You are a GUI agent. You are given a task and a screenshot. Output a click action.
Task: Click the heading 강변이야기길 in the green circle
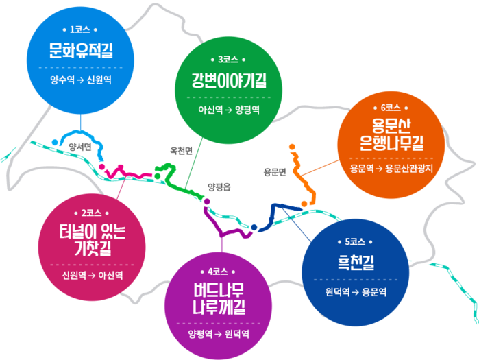(228, 82)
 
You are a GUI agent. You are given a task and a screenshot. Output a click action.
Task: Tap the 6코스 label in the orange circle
(390, 108)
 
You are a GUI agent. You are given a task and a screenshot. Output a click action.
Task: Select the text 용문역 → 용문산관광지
(391, 168)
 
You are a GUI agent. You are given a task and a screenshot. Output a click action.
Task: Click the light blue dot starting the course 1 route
(53, 142)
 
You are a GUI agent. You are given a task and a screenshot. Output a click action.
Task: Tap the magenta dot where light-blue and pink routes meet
(101, 166)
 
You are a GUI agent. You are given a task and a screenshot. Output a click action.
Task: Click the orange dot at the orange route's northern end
(293, 147)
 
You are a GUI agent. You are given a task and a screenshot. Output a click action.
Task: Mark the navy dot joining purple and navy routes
(254, 227)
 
